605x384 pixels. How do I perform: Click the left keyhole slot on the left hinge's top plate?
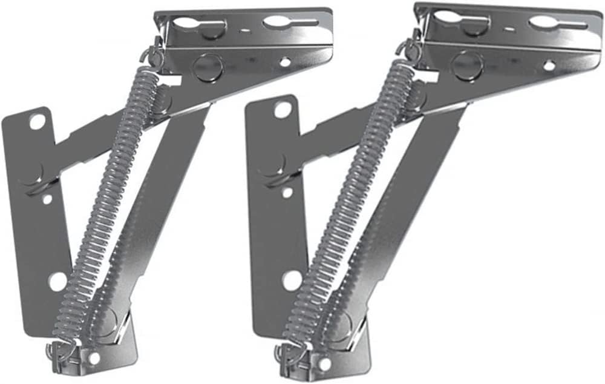[x=189, y=25]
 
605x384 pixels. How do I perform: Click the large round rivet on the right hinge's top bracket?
[x=467, y=64]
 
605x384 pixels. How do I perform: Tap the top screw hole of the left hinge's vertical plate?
[x=36, y=122]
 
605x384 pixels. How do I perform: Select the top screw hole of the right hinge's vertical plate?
[x=282, y=110]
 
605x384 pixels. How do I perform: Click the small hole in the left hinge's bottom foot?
[x=94, y=358]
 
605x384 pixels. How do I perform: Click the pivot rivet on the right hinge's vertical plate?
[x=273, y=165]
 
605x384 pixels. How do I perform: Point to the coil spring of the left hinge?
[x=109, y=206]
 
